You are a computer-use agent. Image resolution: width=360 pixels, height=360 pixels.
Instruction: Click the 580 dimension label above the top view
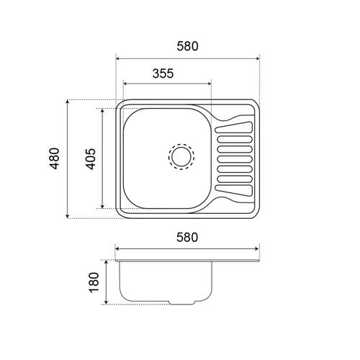click(187, 46)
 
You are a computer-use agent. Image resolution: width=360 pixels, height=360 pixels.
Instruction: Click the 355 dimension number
click(163, 73)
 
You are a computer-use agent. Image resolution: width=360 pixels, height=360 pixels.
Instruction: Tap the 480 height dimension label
click(55, 158)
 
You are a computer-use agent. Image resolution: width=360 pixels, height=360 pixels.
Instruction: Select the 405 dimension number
click(91, 159)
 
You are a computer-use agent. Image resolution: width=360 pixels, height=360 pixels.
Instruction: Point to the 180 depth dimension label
click(94, 282)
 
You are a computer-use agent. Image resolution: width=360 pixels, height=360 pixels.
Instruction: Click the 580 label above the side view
click(187, 238)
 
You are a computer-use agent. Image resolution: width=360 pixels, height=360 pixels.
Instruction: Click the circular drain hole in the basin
click(181, 157)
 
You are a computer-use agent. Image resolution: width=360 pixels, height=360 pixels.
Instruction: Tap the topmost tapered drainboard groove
click(234, 127)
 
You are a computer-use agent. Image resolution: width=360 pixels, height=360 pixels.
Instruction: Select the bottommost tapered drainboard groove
click(234, 191)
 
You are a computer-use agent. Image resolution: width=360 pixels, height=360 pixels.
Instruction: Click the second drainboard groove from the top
click(235, 140)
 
